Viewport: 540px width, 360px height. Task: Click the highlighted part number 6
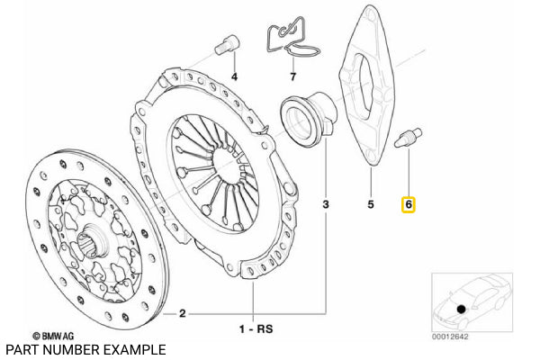[408, 206]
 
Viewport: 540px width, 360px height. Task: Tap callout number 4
[234, 76]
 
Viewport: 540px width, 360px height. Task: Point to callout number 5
[370, 205]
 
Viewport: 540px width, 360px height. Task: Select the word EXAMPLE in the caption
[133, 349]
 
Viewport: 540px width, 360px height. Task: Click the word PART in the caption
[21, 349]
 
